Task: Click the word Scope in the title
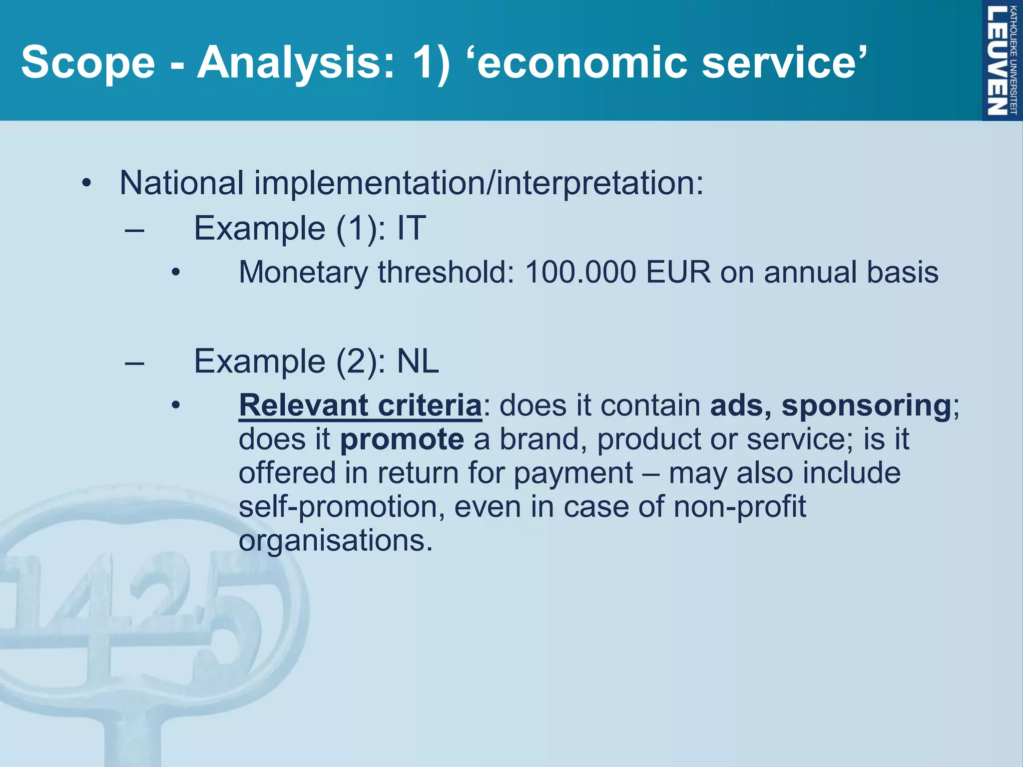coord(88,62)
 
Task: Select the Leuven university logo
coord(1002,60)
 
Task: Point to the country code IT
coord(411,228)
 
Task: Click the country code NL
coord(418,361)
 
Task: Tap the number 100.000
coord(580,273)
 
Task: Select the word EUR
coord(678,273)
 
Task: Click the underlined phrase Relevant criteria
coord(360,405)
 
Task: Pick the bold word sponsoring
coord(866,405)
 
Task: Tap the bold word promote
coord(402,439)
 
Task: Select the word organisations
coord(335,541)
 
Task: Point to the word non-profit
coord(739,506)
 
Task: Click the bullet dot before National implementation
coord(87,184)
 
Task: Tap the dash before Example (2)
coord(135,363)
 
